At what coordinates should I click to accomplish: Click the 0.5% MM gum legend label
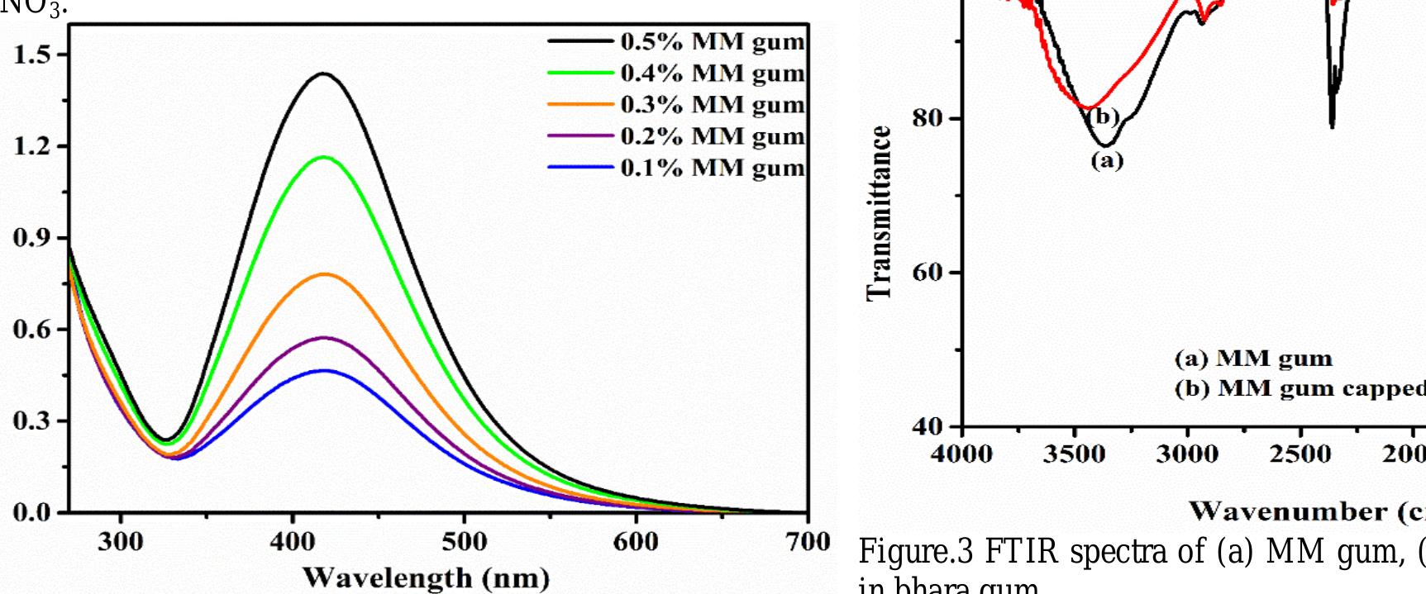[712, 40]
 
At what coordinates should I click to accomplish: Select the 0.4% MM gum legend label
[712, 73]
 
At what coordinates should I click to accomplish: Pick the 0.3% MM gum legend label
[712, 104]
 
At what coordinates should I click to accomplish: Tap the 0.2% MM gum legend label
[712, 135]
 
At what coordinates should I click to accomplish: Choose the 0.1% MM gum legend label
[712, 167]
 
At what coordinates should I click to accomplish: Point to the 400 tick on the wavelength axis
[292, 542]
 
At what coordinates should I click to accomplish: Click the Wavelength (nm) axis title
[425, 577]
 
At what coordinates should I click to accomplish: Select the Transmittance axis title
[880, 213]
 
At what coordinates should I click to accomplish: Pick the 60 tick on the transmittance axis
[929, 273]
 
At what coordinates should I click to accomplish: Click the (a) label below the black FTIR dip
[1107, 160]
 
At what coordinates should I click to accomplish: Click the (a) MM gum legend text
[1253, 359]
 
